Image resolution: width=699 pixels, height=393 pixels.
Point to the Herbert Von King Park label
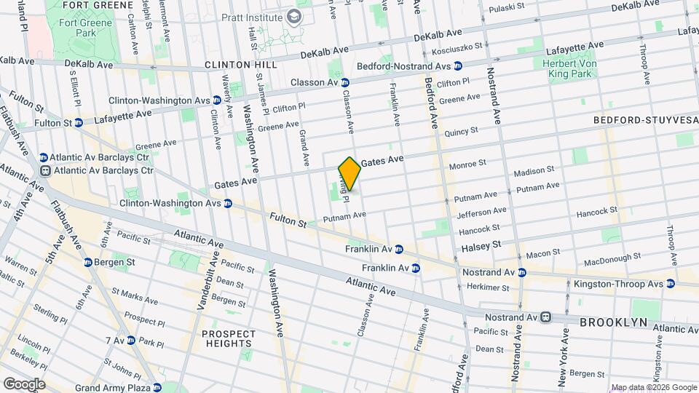574,69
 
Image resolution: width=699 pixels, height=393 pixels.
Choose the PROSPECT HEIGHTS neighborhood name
229,338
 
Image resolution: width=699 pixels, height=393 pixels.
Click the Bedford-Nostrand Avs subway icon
458,65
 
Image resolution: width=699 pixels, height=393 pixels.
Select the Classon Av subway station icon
345,83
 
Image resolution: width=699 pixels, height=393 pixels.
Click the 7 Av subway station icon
130,340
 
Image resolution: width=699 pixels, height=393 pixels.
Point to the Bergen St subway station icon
87,262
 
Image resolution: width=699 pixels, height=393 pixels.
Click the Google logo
23,384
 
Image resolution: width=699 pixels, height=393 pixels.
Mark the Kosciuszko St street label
457,51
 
